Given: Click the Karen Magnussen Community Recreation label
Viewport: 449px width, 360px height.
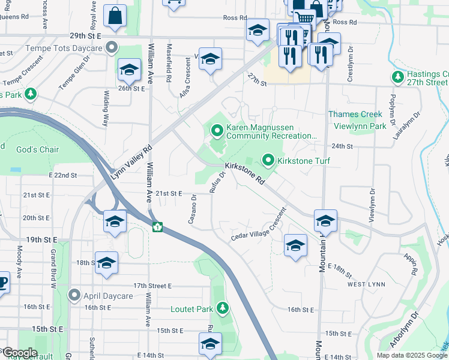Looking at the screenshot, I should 271,132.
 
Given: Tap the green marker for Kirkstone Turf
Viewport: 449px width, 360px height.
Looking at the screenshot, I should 268,161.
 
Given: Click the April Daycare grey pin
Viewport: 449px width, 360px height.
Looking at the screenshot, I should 74,295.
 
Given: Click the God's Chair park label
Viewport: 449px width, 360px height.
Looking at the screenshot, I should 37,149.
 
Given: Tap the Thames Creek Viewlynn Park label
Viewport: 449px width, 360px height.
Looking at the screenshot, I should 358,120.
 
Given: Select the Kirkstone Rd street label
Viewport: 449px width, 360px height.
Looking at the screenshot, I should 245,172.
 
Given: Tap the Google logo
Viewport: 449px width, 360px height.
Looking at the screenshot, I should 20,353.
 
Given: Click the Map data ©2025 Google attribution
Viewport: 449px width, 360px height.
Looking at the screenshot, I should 411,355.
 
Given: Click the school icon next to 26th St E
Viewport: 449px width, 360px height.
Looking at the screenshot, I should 128,71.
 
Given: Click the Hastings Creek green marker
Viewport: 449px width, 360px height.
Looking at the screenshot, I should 397,77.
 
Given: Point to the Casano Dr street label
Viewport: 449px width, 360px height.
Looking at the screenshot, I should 193,209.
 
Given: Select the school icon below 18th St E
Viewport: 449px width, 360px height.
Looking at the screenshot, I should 106,263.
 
